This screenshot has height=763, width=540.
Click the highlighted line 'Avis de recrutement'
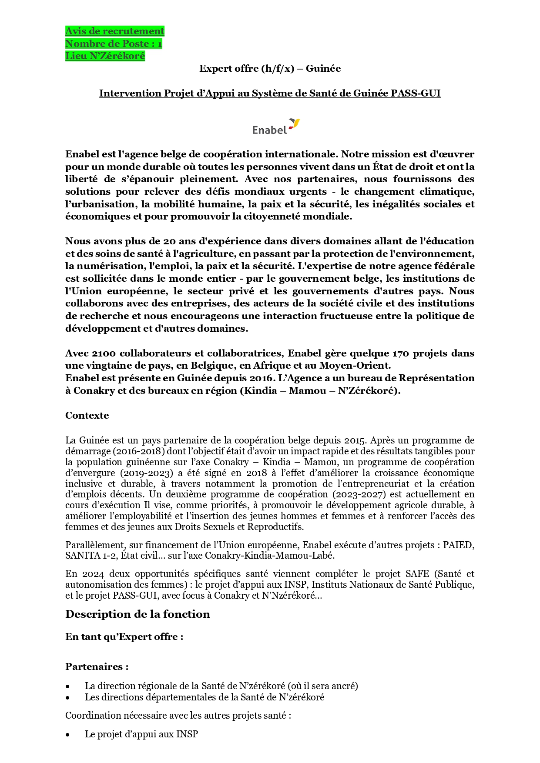pos(115,31)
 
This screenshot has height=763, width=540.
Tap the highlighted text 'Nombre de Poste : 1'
pos(114,44)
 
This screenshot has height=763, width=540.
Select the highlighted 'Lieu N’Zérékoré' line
pos(105,56)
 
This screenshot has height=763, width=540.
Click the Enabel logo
pos(276,127)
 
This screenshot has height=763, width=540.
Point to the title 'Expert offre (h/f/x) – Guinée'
pos(270,69)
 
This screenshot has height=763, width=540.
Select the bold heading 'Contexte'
pos(87,416)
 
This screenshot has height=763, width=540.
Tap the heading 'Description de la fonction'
pos(138,614)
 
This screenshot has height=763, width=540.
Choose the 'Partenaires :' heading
pos(97,667)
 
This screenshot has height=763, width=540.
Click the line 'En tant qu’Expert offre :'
pos(124,637)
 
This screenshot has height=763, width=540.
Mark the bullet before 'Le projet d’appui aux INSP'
pos(68,735)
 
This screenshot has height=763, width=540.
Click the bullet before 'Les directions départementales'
pos(68,698)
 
